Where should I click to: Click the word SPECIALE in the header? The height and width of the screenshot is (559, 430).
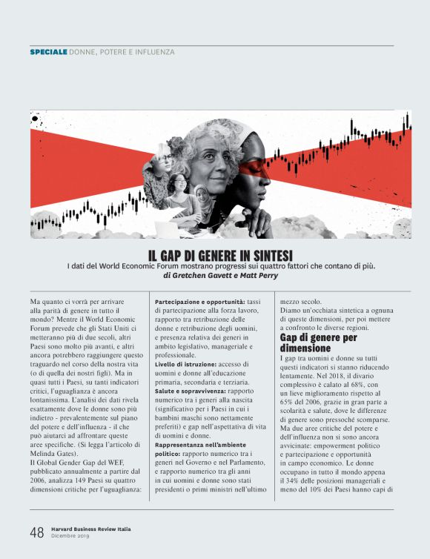(48, 52)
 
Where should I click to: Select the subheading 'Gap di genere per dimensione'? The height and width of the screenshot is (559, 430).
(308, 342)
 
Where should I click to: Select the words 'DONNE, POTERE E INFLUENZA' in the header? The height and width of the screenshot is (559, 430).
(122, 52)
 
